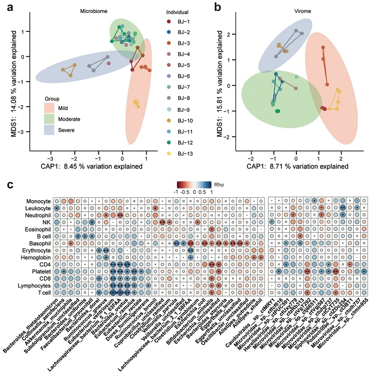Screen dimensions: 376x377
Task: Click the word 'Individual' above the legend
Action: click(x=175, y=12)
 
